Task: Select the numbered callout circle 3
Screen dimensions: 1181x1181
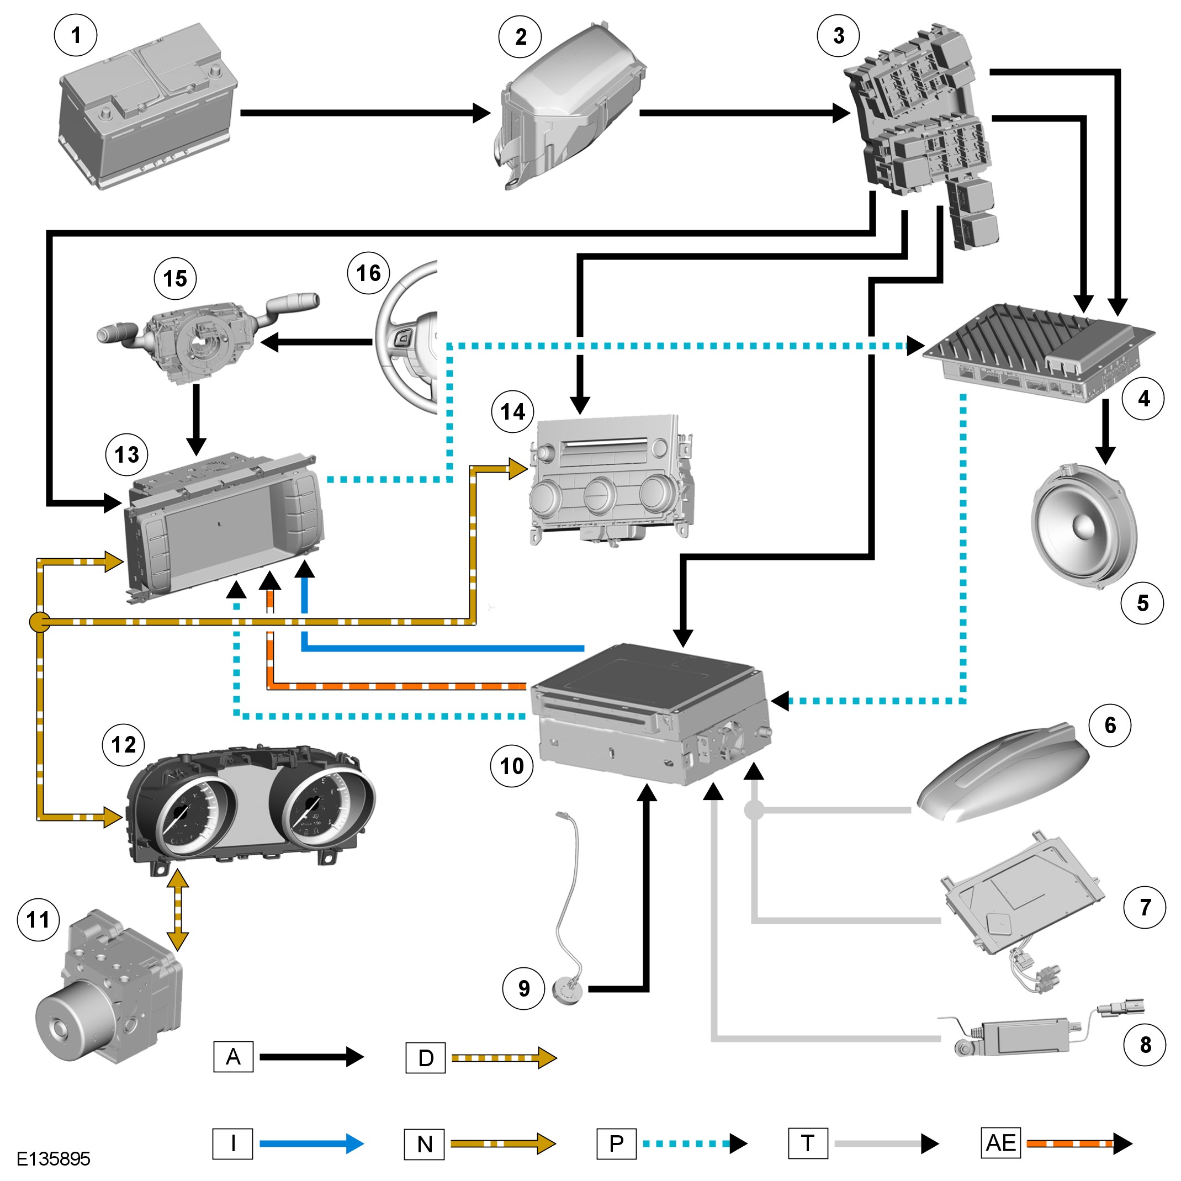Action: pos(838,36)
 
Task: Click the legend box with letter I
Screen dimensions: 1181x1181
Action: pos(232,1143)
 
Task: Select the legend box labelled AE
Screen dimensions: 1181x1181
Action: pos(1000,1143)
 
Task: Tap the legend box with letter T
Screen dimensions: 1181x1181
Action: pos(808,1143)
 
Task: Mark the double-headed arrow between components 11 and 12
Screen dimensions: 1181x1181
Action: pos(177,910)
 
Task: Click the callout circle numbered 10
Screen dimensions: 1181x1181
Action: pos(512,766)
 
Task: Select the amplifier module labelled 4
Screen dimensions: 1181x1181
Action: pos(1039,354)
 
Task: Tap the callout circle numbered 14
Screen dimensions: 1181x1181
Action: pos(512,412)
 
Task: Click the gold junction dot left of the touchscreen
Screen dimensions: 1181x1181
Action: pos(40,622)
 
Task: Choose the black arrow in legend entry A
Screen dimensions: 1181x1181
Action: pos(312,1056)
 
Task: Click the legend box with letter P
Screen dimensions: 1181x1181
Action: pos(616,1143)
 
